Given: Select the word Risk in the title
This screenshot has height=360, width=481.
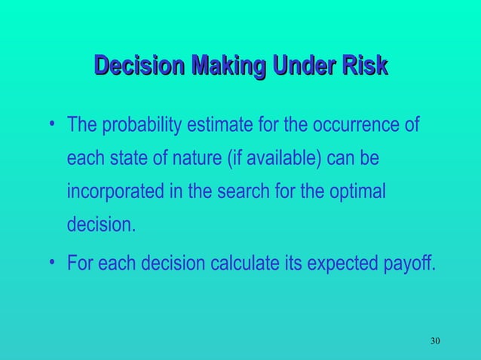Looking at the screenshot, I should point(365,68).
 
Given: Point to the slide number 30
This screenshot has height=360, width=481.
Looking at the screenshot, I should point(435,342).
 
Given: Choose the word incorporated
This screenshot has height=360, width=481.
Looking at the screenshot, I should point(117,193).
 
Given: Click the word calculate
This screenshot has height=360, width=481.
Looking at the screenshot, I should point(254,264).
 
